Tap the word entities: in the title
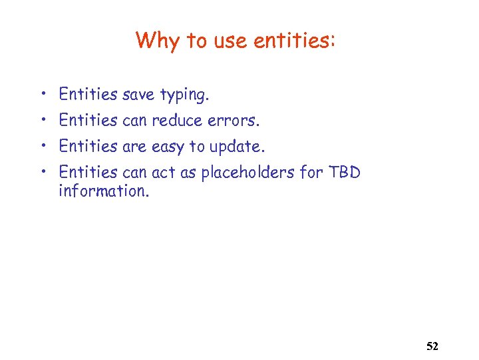299,41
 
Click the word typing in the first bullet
185,95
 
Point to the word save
138,95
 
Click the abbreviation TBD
344,172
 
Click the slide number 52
432,347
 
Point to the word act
163,172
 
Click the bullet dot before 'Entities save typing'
41,94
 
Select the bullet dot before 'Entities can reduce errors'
41,119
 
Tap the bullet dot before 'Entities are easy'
41,145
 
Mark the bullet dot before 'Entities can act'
41,171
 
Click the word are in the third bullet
134,146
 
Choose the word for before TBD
311,172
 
